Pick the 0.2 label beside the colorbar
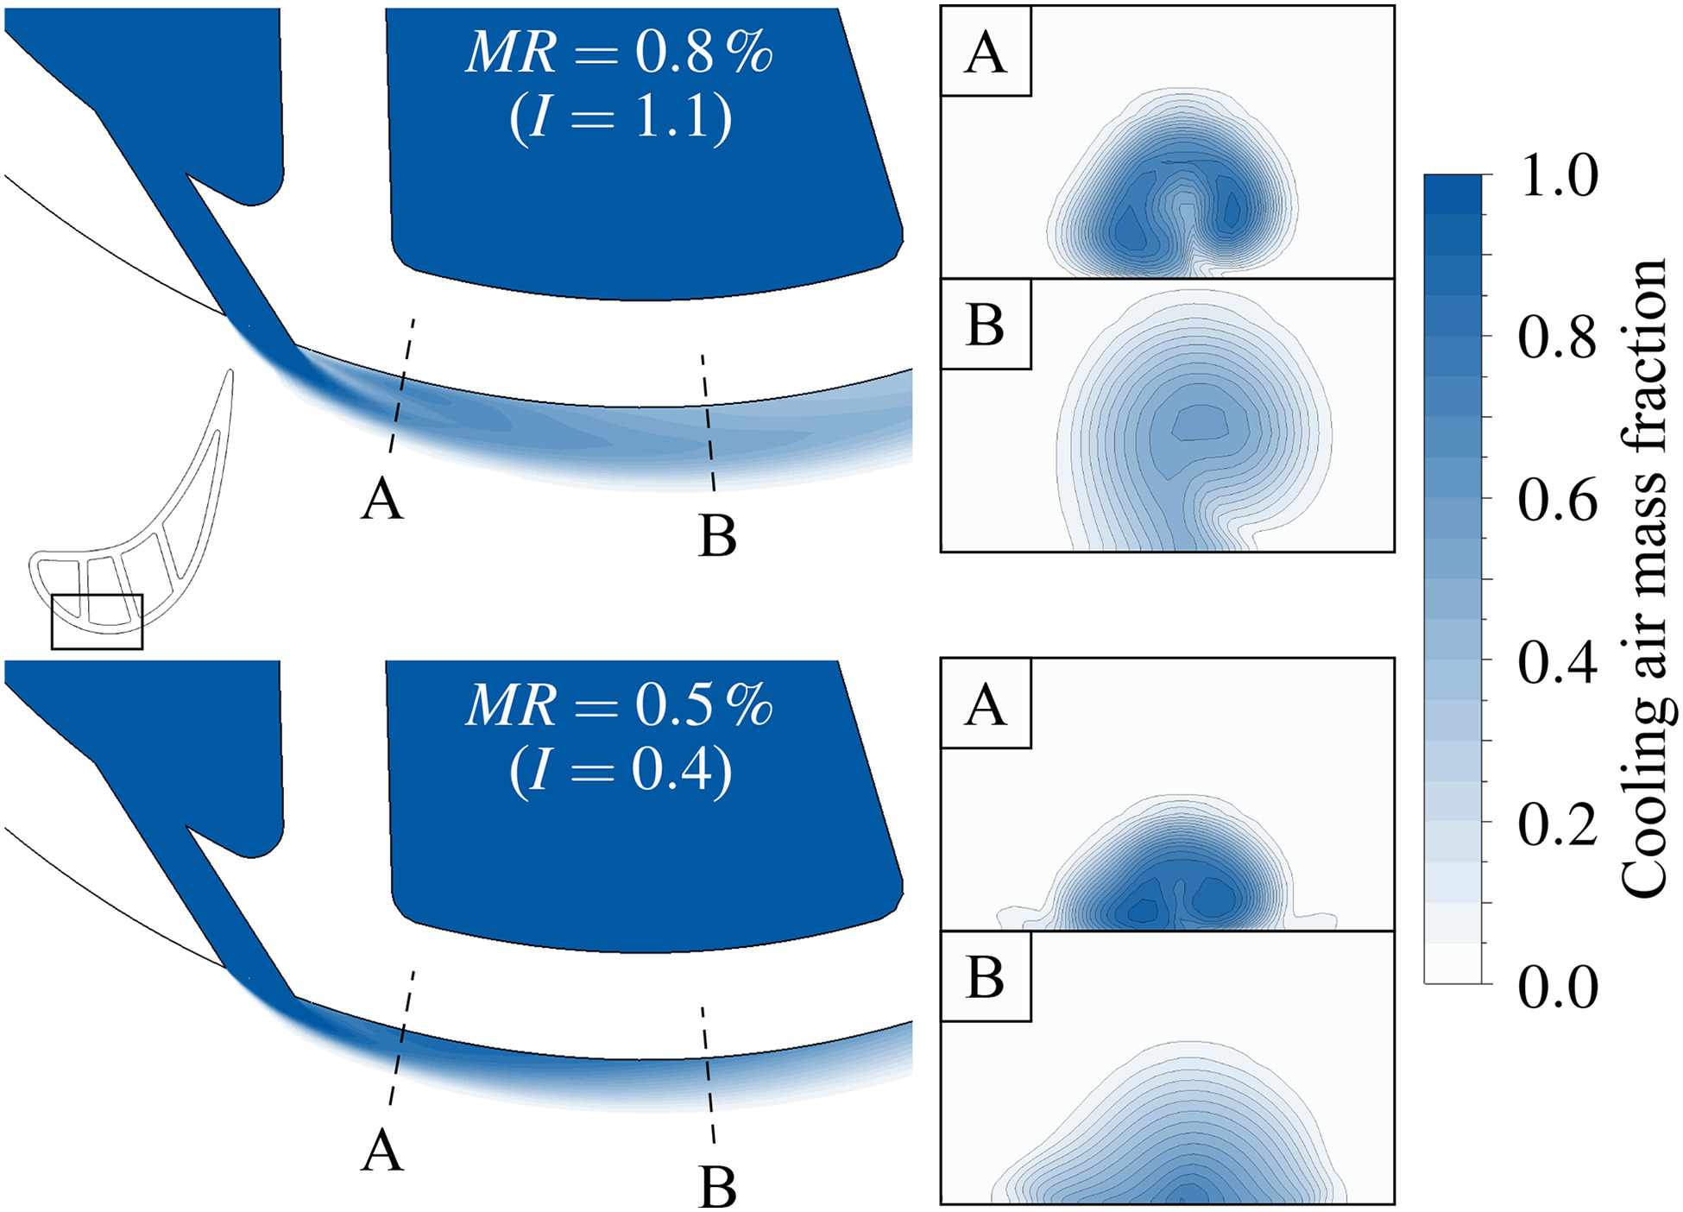(1558, 824)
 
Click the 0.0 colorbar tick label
(1558, 986)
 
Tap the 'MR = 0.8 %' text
(619, 53)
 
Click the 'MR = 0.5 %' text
(619, 705)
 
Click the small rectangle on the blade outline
(97, 622)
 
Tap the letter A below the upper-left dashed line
(382, 500)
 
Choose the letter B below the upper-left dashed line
(717, 536)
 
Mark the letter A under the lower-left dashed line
(382, 1152)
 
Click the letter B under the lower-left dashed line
(717, 1188)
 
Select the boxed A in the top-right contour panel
(986, 53)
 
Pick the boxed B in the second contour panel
(986, 325)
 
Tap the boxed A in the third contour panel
(986, 704)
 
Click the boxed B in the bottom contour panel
(986, 976)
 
